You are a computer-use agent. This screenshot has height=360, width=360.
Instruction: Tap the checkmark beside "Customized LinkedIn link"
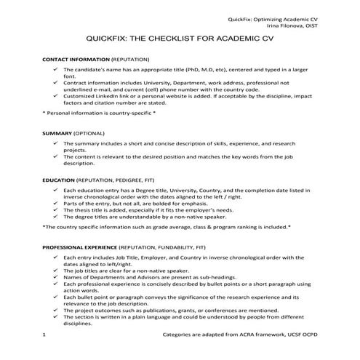[x=57, y=95]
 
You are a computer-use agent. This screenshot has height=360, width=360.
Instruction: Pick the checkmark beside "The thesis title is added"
[x=57, y=209]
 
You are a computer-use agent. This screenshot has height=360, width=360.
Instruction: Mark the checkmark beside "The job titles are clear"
[x=57, y=271]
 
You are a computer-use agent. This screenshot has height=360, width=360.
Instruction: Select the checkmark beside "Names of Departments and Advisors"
[x=57, y=277]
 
